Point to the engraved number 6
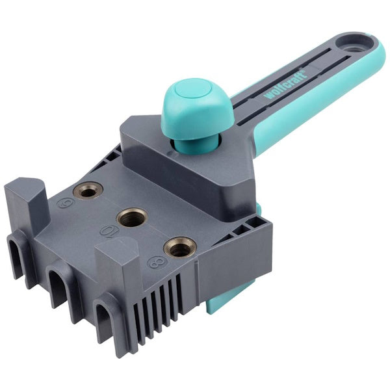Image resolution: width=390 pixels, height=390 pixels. (x=66, y=203)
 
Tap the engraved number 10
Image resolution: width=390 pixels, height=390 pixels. (x=109, y=231)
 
